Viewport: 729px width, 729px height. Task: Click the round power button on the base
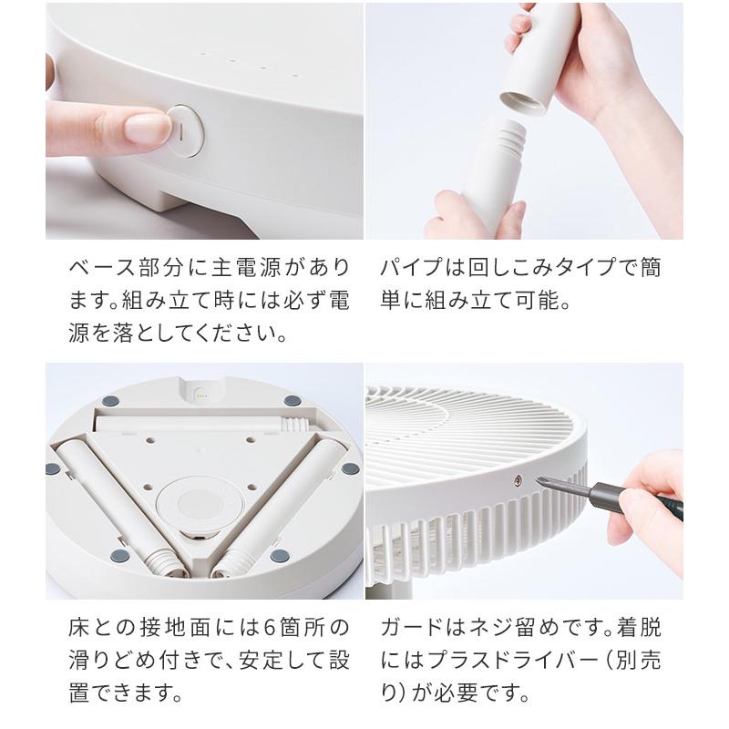(185, 131)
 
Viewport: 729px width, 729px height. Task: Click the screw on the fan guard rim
(518, 480)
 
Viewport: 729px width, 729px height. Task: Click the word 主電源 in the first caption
(235, 268)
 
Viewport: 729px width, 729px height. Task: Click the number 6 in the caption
(270, 628)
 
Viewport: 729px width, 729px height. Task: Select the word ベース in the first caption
(103, 268)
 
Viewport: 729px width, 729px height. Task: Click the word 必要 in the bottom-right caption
(456, 693)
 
